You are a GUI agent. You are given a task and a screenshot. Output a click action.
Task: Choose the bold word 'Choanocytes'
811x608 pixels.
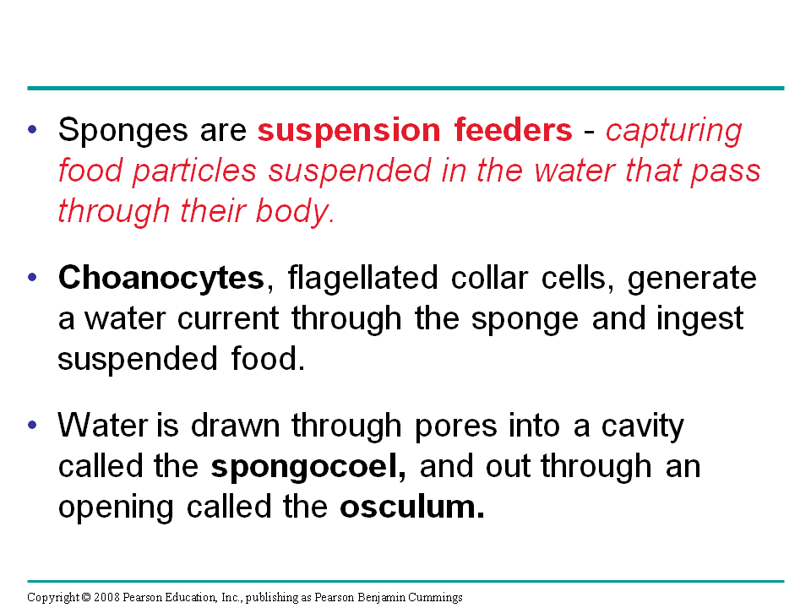[x=161, y=279]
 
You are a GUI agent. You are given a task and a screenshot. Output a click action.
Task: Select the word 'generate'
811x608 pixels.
[x=692, y=279]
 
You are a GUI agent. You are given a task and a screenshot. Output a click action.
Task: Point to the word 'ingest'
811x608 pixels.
[x=702, y=319]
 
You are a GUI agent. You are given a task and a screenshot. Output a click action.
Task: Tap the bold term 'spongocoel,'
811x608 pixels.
[x=308, y=467]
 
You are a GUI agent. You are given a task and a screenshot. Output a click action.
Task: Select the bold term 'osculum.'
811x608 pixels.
[x=412, y=508]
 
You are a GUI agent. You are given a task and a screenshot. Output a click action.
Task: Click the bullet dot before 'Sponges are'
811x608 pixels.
[x=33, y=130]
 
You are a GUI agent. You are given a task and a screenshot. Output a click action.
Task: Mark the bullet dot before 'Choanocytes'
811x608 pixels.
[x=33, y=278]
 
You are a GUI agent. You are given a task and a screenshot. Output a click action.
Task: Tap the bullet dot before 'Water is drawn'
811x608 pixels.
[x=33, y=426]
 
